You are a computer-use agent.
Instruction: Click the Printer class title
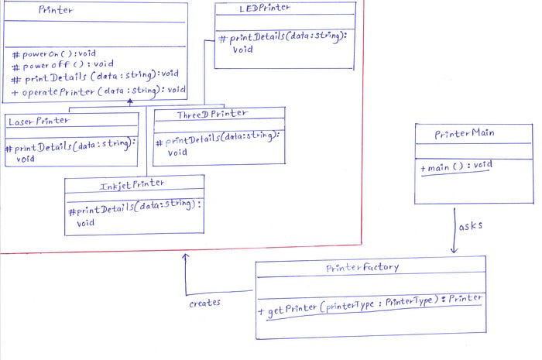[56, 9]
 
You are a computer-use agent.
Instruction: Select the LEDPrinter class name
[265, 8]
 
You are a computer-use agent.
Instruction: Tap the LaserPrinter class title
[39, 121]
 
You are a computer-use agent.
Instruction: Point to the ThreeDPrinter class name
[212, 114]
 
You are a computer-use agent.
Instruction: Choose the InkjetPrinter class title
[132, 185]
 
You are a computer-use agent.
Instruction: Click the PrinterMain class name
[465, 133]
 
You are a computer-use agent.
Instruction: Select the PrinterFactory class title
[362, 267]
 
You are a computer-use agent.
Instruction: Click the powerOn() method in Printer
[54, 54]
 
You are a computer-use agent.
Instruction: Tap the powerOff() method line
[63, 64]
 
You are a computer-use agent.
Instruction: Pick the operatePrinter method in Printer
[98, 91]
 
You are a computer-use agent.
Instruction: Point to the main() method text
[456, 166]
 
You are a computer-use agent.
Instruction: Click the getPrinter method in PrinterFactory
[370, 305]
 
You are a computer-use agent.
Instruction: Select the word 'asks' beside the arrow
[471, 226]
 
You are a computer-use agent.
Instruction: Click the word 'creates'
[204, 303]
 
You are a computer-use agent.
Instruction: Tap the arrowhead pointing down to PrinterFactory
[455, 250]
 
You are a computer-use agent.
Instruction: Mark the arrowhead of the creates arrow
[186, 256]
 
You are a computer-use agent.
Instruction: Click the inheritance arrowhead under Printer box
[129, 101]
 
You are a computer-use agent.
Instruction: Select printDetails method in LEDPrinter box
[283, 42]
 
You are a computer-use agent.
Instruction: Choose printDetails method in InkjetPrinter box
[135, 212]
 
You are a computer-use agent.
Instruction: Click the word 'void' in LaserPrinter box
[26, 159]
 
